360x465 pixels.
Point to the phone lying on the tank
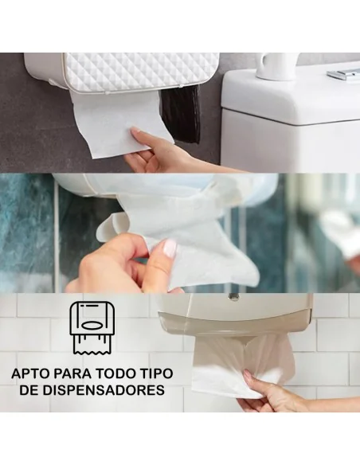344,74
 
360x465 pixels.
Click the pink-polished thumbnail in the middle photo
169,248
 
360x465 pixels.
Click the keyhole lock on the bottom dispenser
233,296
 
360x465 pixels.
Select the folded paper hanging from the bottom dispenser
239,362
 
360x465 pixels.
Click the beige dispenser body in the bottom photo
239,315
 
